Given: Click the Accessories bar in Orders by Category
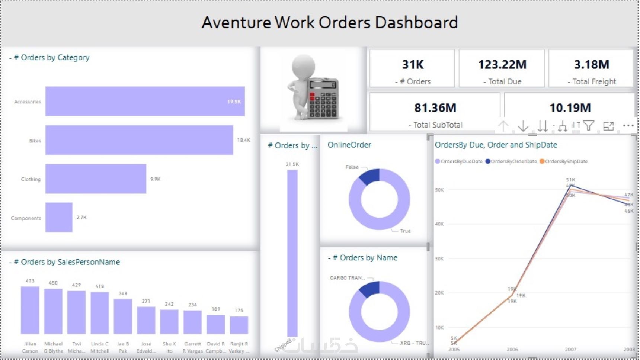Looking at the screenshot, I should point(145,101).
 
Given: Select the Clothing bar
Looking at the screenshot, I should point(96,179).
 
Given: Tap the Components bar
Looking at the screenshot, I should point(59,218).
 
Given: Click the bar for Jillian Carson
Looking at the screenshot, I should point(30,310).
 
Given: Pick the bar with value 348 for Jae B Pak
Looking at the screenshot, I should point(123,316).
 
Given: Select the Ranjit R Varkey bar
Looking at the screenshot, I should point(239,325).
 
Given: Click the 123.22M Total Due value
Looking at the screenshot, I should point(502,65).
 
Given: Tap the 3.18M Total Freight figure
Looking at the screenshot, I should point(591,65).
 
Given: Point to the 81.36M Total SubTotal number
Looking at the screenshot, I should point(435,108).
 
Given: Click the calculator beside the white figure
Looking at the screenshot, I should point(323,98).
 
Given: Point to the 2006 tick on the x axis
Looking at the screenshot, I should point(512,350).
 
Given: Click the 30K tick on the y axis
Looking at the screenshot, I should point(439,258).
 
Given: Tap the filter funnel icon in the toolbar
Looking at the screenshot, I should point(588,126).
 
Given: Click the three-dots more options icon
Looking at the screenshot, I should point(628,126).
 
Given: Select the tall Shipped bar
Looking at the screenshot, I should point(292,253).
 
